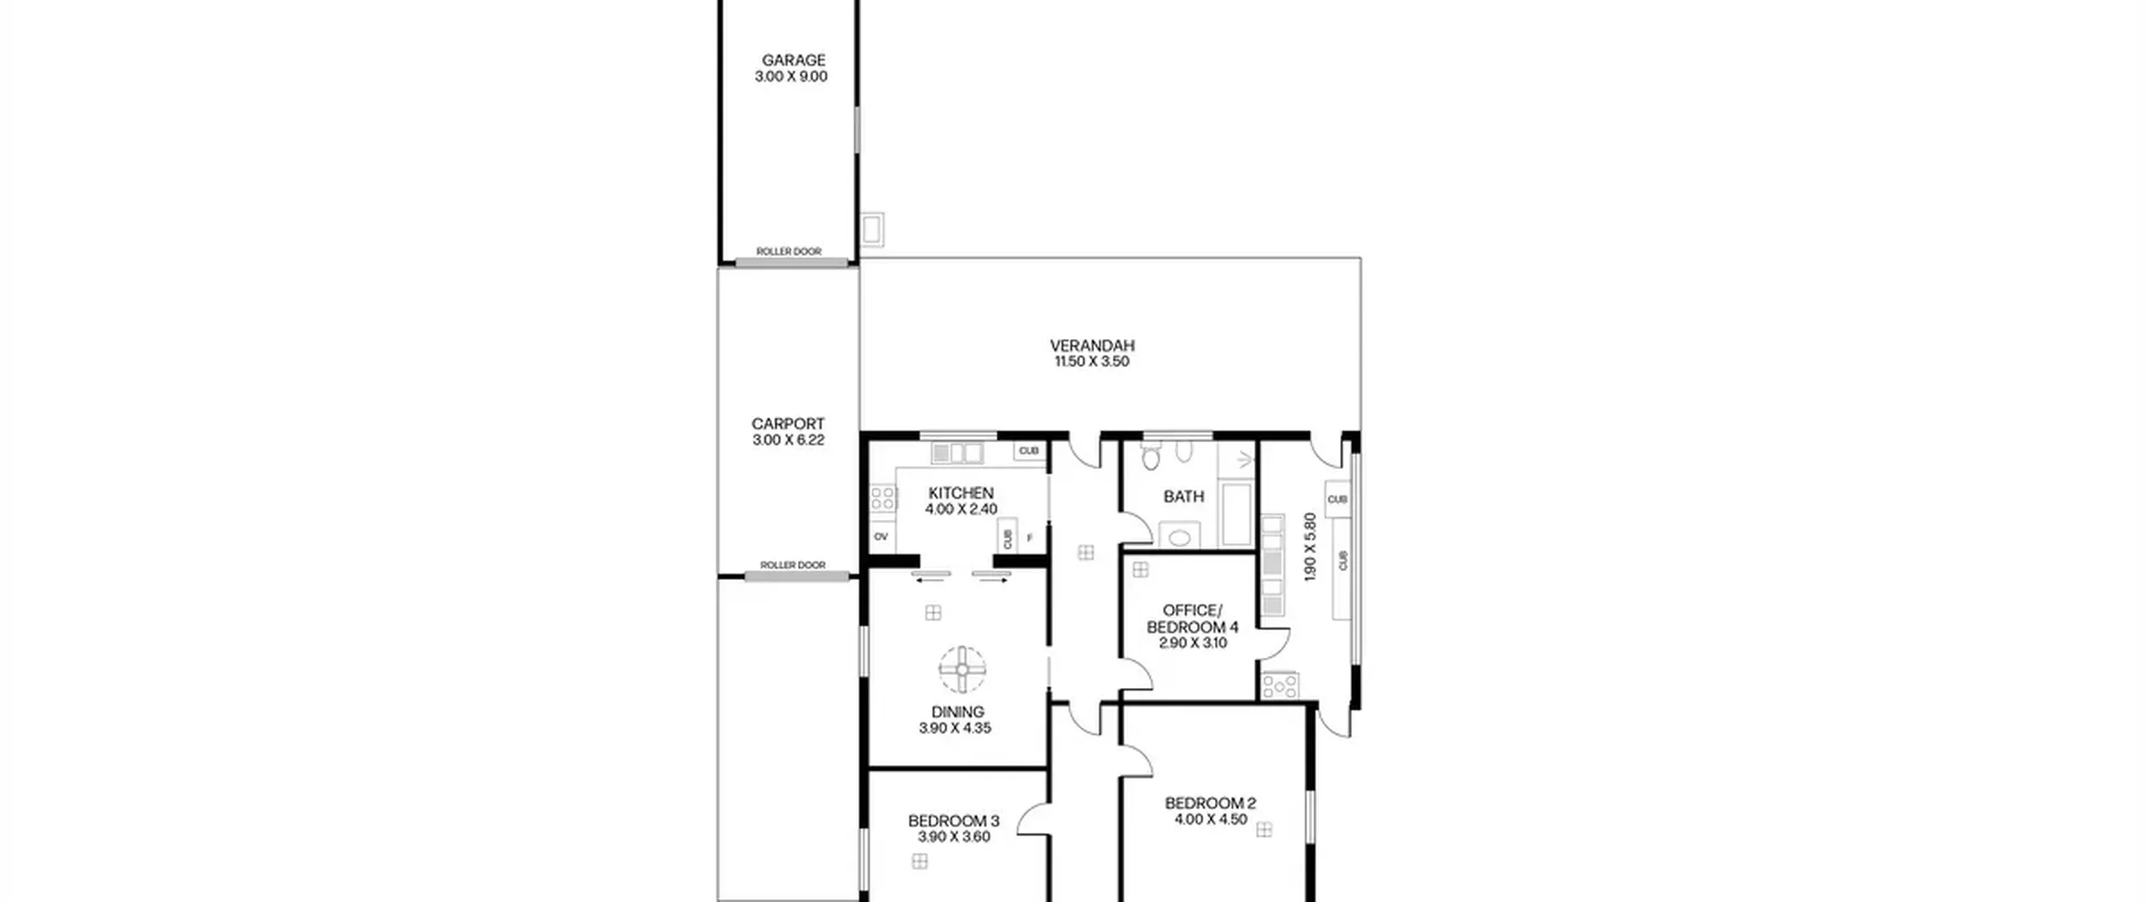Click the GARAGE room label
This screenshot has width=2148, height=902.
pos(793,60)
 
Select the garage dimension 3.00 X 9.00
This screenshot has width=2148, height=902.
pos(790,76)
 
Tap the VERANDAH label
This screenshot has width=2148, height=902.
pos(1092,346)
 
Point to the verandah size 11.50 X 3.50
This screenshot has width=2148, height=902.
pos(1092,362)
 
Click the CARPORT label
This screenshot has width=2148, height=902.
pos(788,424)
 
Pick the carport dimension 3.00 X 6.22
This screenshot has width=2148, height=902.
pos(788,440)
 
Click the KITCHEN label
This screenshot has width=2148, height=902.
pos(961,493)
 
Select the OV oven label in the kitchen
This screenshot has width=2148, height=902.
pos(881,536)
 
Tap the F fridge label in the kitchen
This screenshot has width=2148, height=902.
pos(1030,538)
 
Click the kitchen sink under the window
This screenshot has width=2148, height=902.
pos(957,453)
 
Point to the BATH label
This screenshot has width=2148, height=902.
pos(1184,497)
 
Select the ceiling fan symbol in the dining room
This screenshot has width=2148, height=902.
pos(962,670)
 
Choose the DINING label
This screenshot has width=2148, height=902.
pos(957,712)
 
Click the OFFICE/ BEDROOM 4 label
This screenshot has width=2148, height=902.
pos(1192,618)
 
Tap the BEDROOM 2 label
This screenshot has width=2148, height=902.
pos(1211,803)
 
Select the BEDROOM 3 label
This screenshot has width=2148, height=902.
pos(954,821)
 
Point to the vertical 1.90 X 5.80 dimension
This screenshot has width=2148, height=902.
pos(1310,547)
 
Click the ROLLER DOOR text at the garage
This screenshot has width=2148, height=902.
pos(789,252)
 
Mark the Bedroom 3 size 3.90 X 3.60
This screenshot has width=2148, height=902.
pos(954,837)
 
